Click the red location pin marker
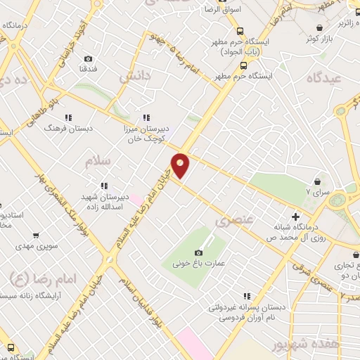[x=181, y=166]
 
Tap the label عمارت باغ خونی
[x=199, y=264]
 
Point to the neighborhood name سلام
[x=98, y=162]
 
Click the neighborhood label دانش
[x=133, y=75]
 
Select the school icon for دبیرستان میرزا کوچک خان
[x=146, y=117]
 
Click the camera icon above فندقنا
[x=88, y=59]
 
